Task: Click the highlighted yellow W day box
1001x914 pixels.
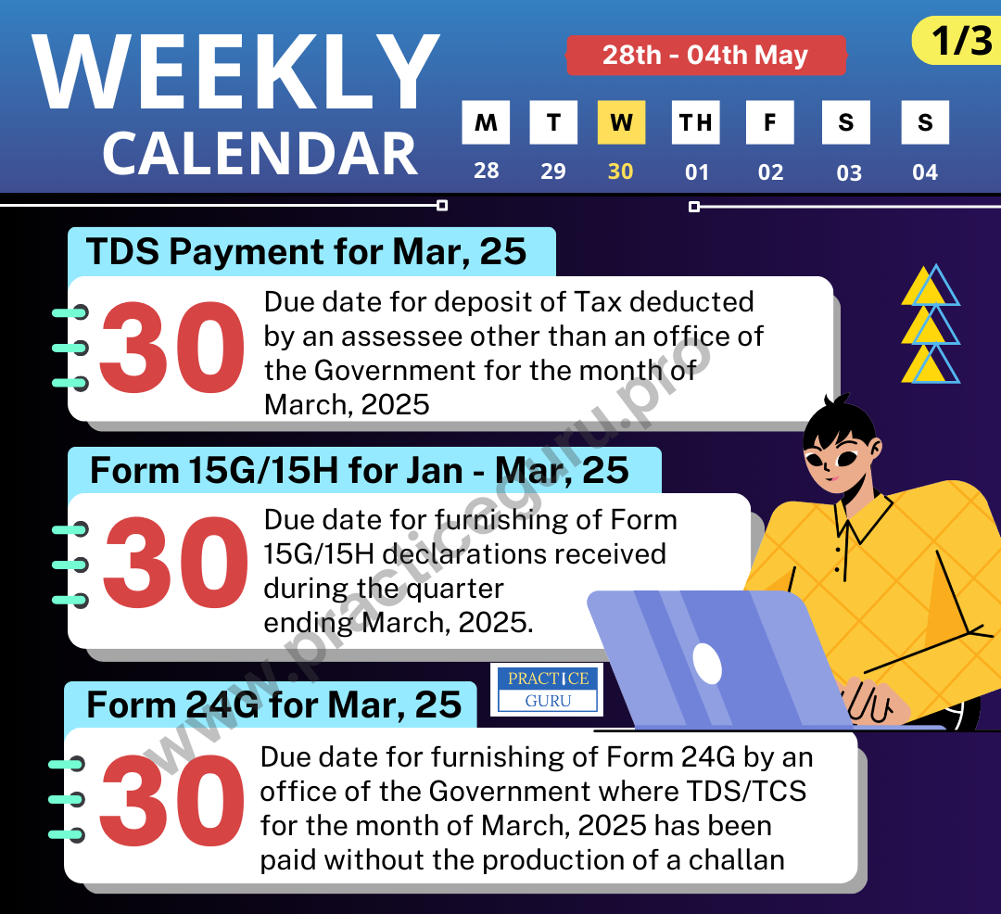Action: (x=621, y=122)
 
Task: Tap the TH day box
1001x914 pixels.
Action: (x=695, y=122)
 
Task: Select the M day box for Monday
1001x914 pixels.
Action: (x=486, y=122)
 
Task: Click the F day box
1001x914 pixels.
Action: (x=770, y=122)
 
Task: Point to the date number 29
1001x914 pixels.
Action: (x=553, y=171)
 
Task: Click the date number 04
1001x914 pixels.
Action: (x=925, y=171)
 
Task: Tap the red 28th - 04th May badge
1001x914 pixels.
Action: (x=705, y=55)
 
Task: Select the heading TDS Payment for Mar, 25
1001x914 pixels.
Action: (x=307, y=251)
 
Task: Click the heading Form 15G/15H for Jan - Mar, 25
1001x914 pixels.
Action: (x=360, y=470)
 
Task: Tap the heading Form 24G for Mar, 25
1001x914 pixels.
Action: (x=274, y=705)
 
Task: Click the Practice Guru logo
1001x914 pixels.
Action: (x=547, y=689)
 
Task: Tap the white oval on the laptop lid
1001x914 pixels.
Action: (x=707, y=663)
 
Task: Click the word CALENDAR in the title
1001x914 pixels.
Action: (x=260, y=153)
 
